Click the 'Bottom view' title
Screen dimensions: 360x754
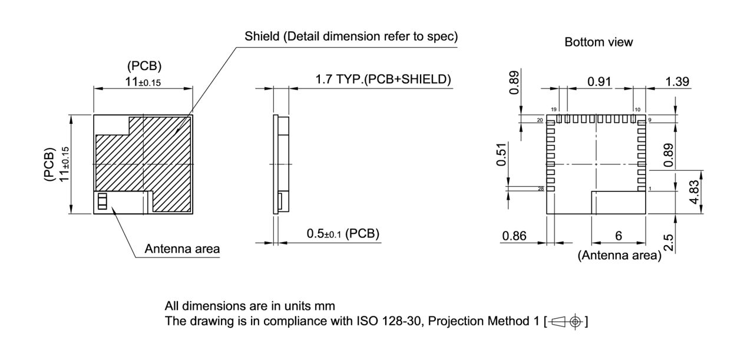click(598, 42)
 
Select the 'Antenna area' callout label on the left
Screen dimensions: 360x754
click(182, 249)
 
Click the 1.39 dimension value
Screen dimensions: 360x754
click(677, 81)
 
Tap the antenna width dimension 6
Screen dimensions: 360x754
click(618, 236)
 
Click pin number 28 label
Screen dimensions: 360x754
click(541, 189)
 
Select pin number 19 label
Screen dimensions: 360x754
click(554, 110)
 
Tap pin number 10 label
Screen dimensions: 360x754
click(637, 110)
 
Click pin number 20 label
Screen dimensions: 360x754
click(540, 121)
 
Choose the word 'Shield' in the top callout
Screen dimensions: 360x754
click(262, 37)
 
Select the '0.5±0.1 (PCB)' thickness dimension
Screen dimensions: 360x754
click(343, 234)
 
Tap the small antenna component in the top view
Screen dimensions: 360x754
click(102, 202)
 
